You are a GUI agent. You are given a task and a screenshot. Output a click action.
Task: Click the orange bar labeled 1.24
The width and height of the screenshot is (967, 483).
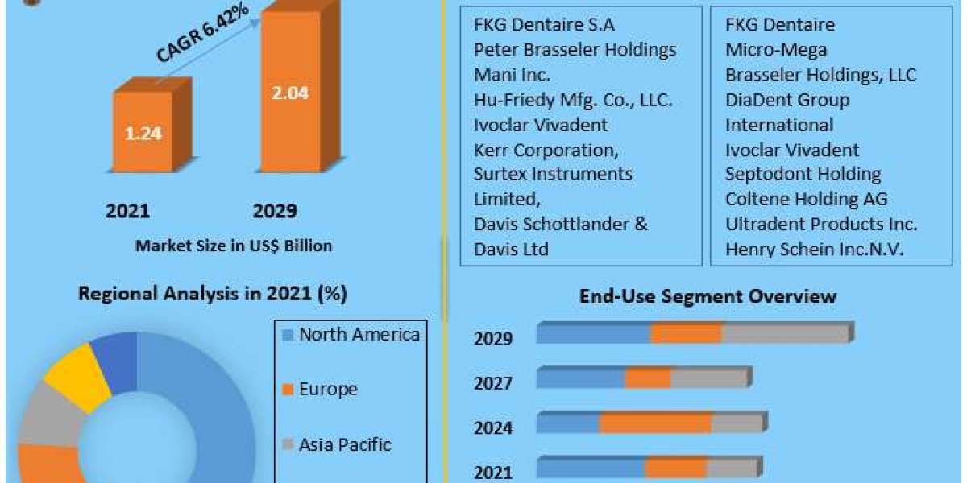(x=143, y=133)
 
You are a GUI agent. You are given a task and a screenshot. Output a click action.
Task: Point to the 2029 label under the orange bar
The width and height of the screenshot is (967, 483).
(x=275, y=211)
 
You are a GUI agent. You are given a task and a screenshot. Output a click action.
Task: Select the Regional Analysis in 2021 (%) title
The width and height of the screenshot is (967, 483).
(x=212, y=294)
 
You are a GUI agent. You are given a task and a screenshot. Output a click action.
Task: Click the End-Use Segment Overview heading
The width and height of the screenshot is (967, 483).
(x=708, y=296)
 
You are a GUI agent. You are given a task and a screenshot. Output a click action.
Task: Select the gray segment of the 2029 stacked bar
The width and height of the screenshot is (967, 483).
(x=786, y=334)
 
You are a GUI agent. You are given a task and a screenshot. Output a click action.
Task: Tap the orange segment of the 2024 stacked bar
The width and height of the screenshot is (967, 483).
(x=655, y=423)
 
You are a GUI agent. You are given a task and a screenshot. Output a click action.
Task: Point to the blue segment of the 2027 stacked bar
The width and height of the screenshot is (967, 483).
(x=581, y=378)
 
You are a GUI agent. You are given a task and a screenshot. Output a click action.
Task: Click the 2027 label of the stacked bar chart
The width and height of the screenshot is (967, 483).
(x=493, y=383)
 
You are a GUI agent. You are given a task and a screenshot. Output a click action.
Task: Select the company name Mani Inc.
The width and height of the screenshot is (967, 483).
(x=513, y=75)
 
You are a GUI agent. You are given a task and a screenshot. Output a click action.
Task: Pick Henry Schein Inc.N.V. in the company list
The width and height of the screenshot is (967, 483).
(x=814, y=250)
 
